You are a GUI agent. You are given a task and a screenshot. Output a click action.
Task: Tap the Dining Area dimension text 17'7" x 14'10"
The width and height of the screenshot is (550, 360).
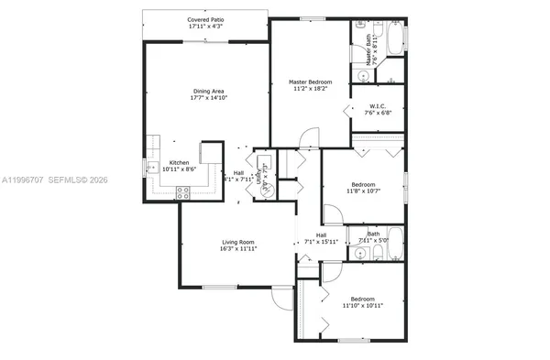209,97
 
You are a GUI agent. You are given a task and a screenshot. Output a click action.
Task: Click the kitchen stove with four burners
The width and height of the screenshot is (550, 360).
182,192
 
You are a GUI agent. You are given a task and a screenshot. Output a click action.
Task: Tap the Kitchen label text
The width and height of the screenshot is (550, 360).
178,162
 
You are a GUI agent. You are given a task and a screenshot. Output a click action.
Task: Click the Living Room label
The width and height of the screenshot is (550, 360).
237,241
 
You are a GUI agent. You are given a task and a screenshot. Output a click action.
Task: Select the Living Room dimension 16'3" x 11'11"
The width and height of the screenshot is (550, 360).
237,248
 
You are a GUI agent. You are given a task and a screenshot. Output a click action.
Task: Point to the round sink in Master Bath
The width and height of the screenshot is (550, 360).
362,77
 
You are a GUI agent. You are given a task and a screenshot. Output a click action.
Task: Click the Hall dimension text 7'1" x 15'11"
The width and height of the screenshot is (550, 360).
321,242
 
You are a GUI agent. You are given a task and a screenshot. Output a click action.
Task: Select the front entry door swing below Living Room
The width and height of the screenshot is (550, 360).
281,300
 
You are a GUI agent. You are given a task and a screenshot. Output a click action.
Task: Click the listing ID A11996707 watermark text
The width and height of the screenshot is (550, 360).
32,180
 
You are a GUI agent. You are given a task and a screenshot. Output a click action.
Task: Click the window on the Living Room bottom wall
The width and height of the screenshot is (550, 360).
220,288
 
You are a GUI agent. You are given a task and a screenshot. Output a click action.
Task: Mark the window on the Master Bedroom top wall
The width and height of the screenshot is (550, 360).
312,18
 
